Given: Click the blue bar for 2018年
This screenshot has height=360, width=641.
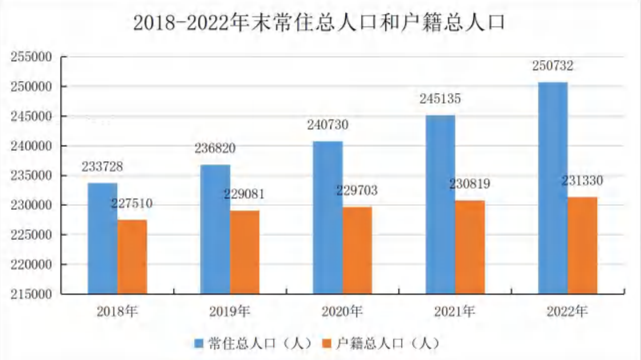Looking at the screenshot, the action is pos(103,238).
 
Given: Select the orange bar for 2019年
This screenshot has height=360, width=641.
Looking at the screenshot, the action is pos(245,252).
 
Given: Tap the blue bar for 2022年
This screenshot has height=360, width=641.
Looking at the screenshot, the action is pos(553,188).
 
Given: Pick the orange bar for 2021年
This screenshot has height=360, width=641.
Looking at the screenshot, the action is pos(470,247).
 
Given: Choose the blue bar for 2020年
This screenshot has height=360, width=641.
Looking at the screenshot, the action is pos(328,218).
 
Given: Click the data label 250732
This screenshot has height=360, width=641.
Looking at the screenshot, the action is pos(553,66).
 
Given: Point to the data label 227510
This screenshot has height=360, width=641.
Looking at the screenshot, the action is pos(132,203).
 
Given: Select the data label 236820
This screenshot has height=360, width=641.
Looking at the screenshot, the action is pos(215,148).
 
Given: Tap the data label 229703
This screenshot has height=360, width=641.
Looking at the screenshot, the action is pos(357,190).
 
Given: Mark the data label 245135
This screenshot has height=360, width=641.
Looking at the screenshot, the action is pos(440,99).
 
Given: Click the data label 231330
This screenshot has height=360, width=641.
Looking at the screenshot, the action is pos(582,181).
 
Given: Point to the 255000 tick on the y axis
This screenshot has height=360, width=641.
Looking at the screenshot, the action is pos(31,57).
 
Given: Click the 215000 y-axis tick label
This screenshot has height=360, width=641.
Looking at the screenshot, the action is pos(31,294).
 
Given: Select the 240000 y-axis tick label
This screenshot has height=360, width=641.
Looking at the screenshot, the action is pos(31,146).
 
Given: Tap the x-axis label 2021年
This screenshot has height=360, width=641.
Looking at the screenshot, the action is pos(455,312).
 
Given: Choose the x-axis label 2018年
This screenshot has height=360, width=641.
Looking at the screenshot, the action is pos(117,312).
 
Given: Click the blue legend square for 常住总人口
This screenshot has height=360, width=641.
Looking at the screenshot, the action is pos(199,344).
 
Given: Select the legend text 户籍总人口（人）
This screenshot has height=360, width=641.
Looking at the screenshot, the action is pos(388,344).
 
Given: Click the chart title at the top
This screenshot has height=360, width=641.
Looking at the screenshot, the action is pos(319,23).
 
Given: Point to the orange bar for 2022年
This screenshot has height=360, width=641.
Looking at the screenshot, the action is pos(582,245).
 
